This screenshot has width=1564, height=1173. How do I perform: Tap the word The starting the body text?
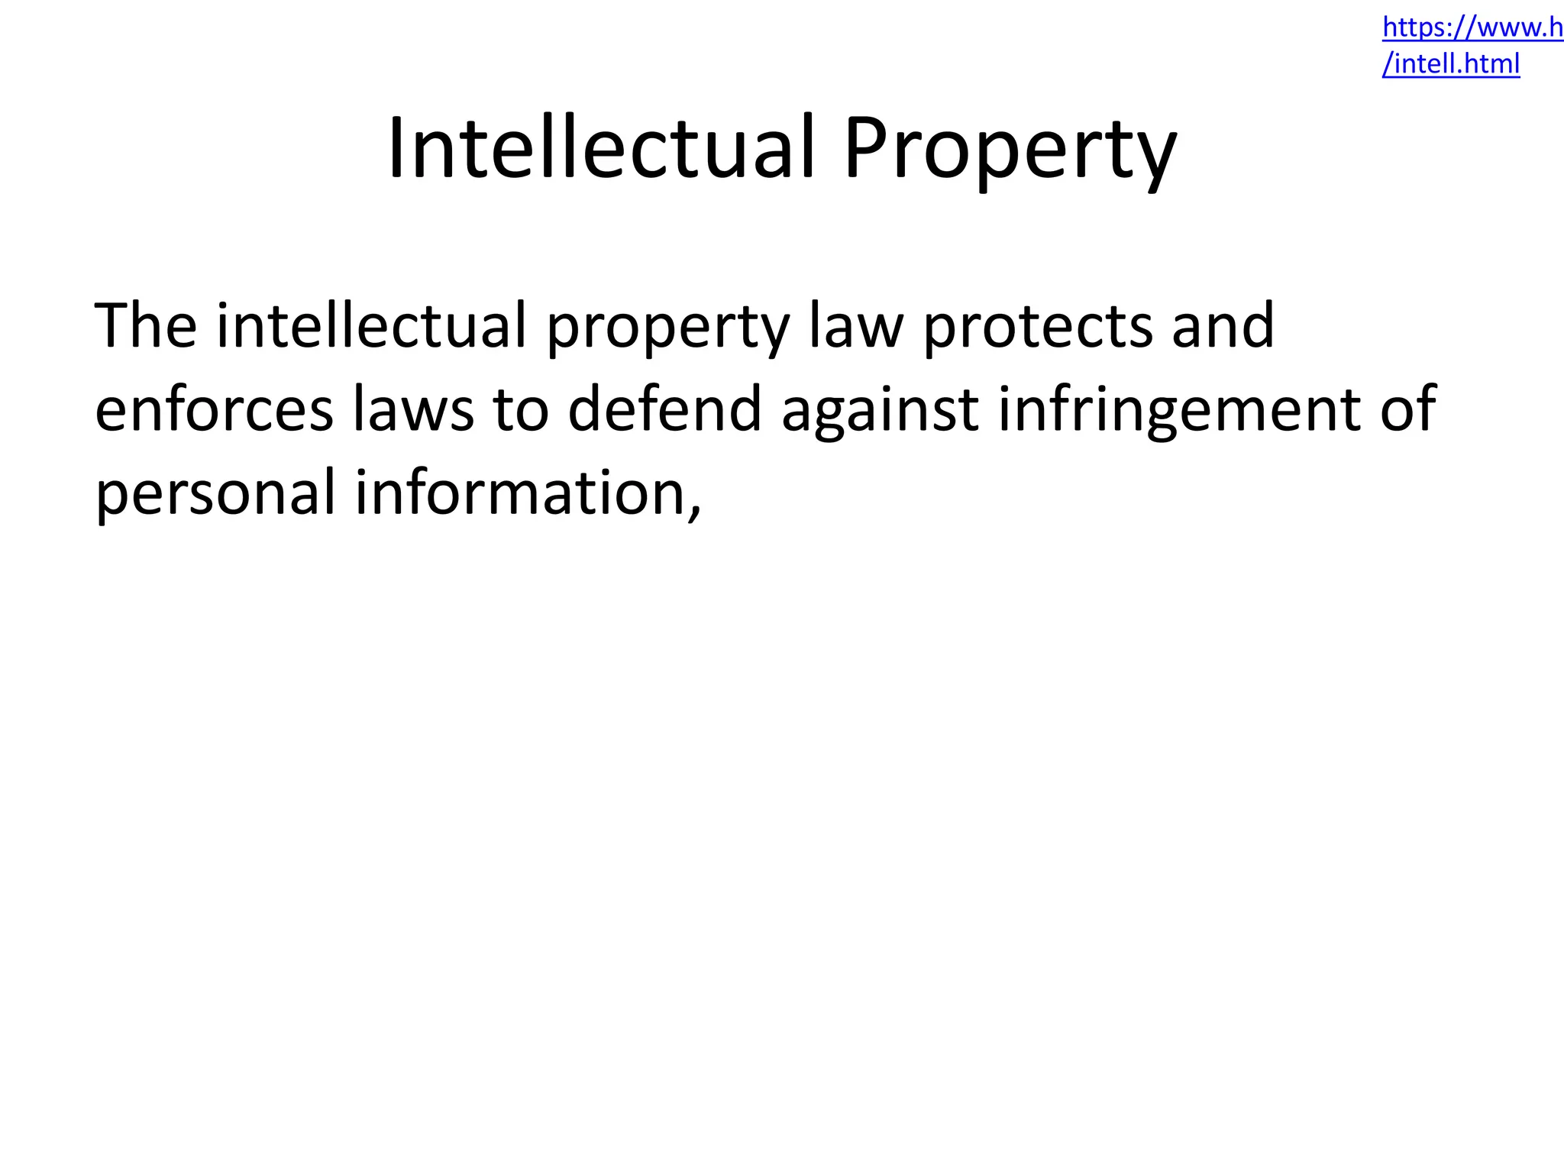pos(145,325)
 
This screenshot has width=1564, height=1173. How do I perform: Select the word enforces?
pos(214,409)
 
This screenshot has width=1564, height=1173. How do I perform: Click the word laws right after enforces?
pos(413,409)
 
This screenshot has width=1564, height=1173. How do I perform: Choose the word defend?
pos(664,409)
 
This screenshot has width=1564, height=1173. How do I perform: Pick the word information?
pos(519,492)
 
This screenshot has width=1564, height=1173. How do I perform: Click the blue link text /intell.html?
pos(1451,64)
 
